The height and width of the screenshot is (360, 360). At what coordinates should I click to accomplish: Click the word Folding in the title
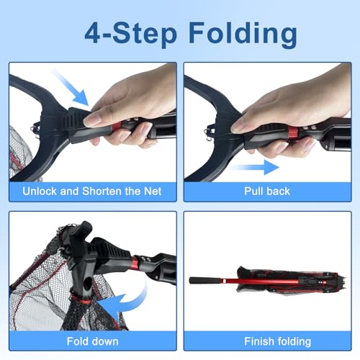pos(243,35)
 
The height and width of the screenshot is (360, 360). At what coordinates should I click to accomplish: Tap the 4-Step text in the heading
pos(131,33)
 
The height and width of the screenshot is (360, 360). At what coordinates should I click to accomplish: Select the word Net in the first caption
pos(153,192)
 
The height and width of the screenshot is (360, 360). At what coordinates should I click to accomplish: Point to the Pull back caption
pos(267,192)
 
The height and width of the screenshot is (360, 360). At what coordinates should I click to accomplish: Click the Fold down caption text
pos(92,341)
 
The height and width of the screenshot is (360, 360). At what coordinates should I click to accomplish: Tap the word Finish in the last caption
pos(259,341)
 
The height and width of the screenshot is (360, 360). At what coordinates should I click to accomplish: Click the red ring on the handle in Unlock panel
pos(116,130)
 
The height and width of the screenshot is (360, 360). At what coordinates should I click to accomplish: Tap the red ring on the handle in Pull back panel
pos(293,133)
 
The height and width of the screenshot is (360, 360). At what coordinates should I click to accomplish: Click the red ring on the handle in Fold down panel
pos(135,263)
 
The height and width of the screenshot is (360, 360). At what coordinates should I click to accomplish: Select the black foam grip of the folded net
pos(205,281)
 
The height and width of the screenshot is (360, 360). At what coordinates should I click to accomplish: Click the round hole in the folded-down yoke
pos(88,282)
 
